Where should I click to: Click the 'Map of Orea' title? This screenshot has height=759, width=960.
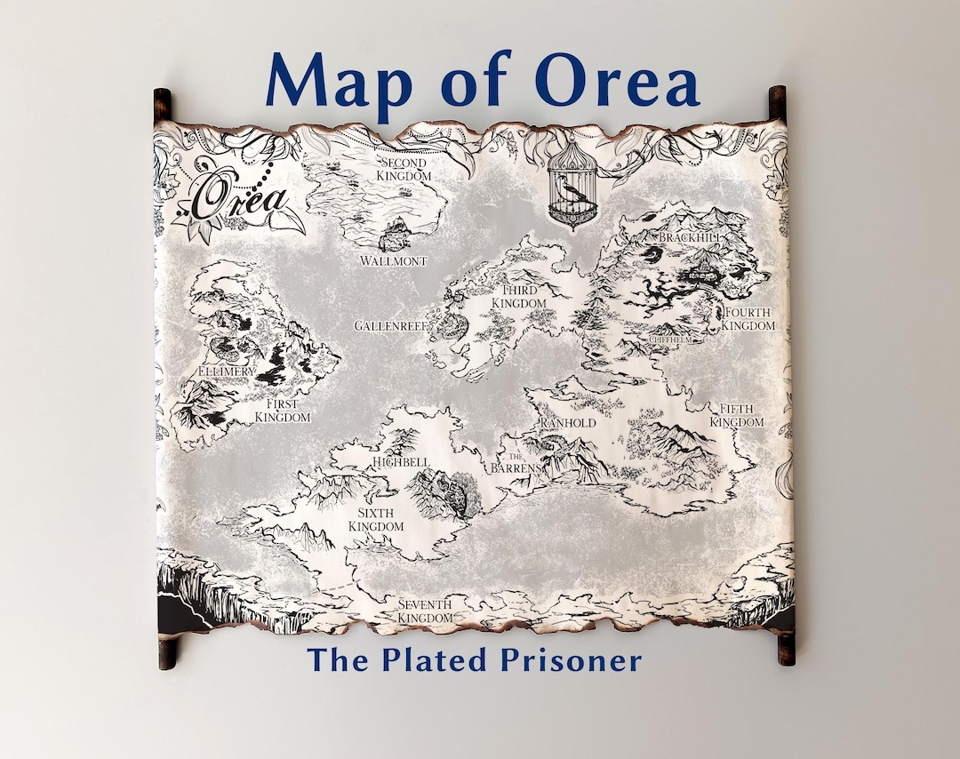pos(482,82)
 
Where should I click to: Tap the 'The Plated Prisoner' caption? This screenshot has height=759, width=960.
pos(474,660)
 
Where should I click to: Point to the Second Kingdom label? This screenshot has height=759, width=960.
pos(403,170)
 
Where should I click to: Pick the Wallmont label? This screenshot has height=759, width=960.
pos(394,261)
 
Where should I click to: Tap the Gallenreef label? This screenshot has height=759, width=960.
pos(392,326)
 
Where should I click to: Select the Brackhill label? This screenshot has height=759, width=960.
pos(690,238)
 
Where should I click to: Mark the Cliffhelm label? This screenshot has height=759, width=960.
pos(670,340)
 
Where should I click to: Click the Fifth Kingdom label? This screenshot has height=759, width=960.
pos(736,415)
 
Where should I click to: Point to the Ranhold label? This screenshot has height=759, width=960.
pos(567,423)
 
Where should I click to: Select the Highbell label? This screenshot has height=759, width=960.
pos(402,462)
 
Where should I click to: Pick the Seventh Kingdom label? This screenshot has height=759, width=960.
pos(425,611)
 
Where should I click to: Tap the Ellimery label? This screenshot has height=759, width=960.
pos(227,371)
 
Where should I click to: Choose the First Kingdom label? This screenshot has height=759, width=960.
pos(283,411)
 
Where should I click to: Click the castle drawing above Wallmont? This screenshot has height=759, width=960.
pos(397,233)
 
